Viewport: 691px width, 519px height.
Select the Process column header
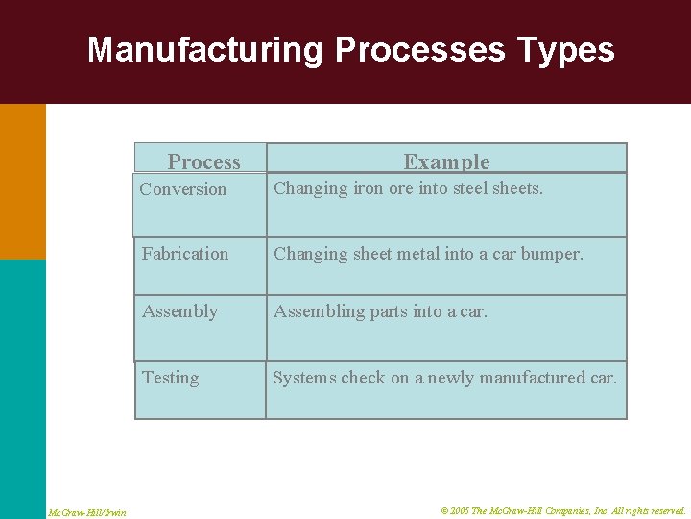pos(203,161)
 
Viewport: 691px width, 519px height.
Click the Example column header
pos(446,161)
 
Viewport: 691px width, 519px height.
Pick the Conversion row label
pos(183,189)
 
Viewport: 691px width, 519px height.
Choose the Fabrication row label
pos(185,254)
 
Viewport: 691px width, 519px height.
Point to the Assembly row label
pos(179,311)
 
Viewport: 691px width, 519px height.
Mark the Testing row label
pos(171,378)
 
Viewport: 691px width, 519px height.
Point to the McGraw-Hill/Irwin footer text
pos(87,512)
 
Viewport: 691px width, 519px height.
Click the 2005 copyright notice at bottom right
pos(563,511)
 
